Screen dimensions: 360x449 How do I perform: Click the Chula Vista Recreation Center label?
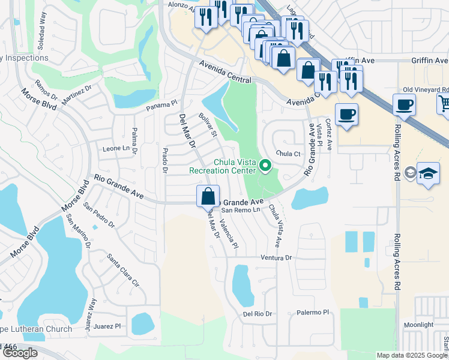coord(222,166)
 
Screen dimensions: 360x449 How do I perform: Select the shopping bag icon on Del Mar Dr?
coord(208,197)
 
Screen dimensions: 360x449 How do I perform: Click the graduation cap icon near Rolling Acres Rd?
coord(428,173)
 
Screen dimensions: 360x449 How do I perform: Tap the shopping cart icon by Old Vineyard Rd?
coord(444,104)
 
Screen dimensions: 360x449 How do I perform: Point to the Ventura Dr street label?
coord(276,257)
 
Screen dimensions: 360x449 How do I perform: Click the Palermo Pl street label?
coord(313,313)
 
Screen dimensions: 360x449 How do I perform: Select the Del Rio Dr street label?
coord(258,314)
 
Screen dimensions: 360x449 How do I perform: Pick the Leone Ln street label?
coord(116,148)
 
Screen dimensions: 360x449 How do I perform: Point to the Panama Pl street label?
coord(163,108)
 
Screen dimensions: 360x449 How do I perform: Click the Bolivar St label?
coord(207,125)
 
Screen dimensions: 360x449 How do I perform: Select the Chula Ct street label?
coord(288,154)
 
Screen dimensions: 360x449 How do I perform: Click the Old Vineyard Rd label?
coord(426,89)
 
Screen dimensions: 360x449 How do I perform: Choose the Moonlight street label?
coord(418,325)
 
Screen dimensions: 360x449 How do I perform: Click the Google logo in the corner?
coord(20,353)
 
